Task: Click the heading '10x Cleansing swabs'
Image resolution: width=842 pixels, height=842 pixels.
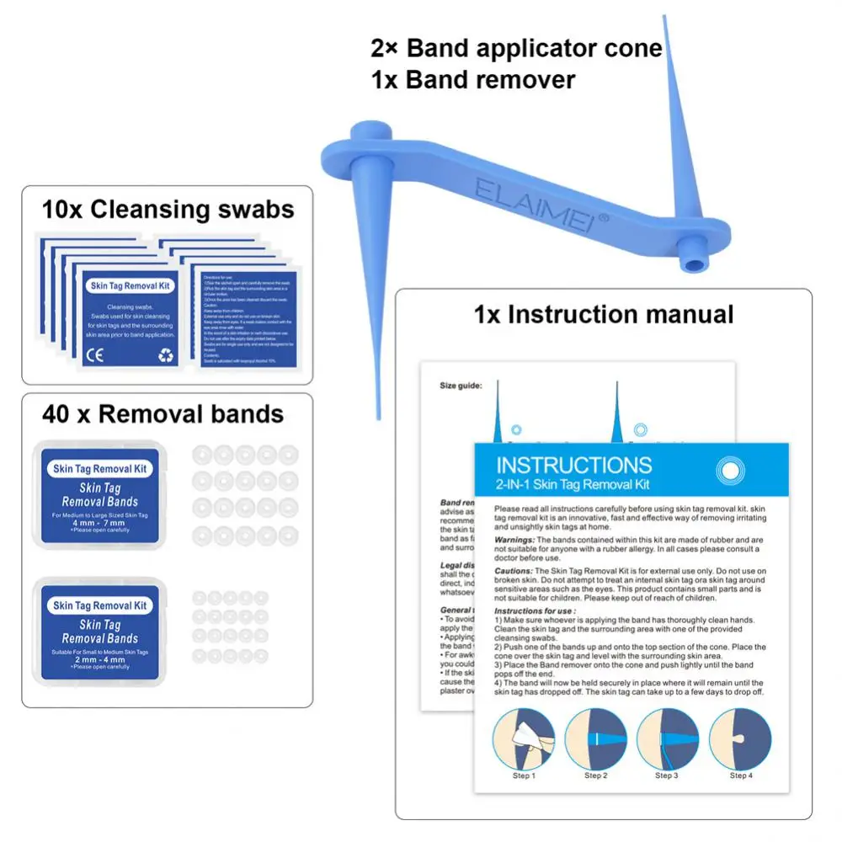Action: (x=168, y=209)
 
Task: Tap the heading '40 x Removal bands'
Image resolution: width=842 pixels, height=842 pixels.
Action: (x=163, y=414)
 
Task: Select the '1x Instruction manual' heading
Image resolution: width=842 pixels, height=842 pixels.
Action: (x=604, y=314)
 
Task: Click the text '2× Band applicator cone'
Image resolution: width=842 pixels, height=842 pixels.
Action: (x=516, y=48)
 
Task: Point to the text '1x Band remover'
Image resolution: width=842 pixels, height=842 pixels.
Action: (x=473, y=80)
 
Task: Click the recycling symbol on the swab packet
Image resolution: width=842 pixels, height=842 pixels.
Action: (x=166, y=354)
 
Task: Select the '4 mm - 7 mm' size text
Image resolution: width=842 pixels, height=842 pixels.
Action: (x=101, y=523)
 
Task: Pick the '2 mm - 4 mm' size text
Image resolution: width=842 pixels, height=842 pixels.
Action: (x=101, y=658)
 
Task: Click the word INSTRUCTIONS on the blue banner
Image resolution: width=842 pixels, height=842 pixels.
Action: (x=573, y=466)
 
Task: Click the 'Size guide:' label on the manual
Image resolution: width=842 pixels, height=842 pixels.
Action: (x=461, y=386)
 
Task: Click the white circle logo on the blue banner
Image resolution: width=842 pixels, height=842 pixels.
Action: (x=728, y=471)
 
